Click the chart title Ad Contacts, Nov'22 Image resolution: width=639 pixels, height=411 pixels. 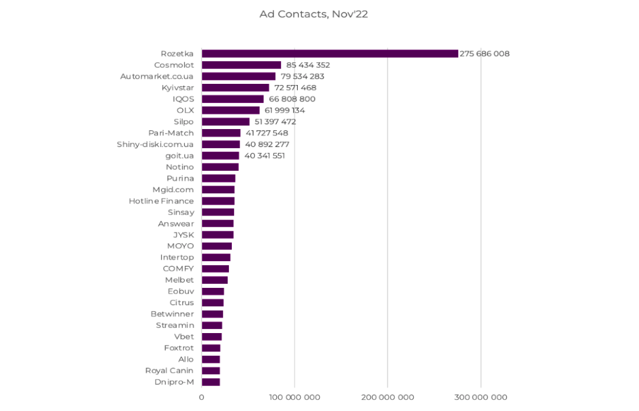click(313, 14)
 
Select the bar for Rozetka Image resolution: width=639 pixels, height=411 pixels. click(330, 54)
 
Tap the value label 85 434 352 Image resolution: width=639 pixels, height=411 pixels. click(308, 65)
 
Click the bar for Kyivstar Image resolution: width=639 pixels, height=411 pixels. click(235, 87)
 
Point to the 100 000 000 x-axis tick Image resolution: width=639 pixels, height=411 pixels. click(294, 397)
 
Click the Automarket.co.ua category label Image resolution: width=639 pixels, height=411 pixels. click(157, 76)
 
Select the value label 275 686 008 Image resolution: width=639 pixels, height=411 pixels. click(484, 54)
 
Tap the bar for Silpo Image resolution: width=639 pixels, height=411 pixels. click(225, 121)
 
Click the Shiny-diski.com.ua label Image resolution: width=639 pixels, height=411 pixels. click(155, 144)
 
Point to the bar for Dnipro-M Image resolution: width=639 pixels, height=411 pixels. click(210, 382)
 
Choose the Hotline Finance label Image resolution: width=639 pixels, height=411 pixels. click(161, 201)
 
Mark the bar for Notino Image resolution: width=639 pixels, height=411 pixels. click(220, 167)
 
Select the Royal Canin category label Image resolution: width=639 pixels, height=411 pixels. click(169, 371)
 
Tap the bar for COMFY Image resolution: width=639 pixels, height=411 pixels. click(215, 269)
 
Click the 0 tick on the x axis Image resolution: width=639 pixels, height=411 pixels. click(202, 397)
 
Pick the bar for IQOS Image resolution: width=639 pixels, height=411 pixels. click(232, 99)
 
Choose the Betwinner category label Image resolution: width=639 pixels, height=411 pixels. click(172, 314)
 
